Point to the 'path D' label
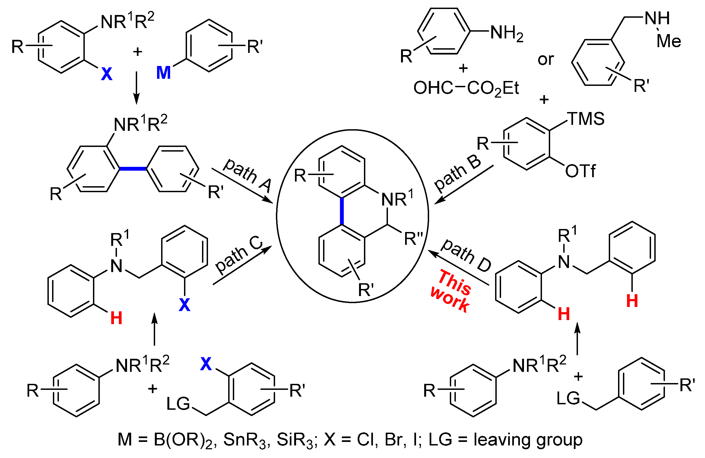(466, 255)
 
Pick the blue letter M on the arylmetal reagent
(164, 73)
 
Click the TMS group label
(586, 119)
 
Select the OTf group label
(580, 171)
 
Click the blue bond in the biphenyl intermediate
(133, 169)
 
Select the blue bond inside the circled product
(342, 211)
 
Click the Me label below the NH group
(668, 41)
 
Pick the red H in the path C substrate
(116, 318)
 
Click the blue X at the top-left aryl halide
(107, 74)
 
